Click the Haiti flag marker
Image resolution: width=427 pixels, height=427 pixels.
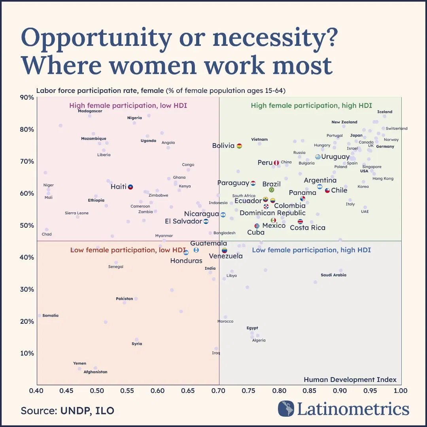tap(130, 187)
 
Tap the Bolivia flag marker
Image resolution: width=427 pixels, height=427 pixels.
tap(239, 146)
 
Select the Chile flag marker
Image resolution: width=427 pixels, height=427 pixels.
tap(327, 190)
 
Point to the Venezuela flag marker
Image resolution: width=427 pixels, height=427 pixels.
tap(225, 250)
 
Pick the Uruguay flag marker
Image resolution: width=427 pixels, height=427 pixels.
tap(317, 157)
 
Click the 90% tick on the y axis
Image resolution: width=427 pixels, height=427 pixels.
tap(27, 98)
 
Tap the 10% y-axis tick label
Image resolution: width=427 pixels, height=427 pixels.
tap(27, 353)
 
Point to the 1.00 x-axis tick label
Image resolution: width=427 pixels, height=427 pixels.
tap(401, 391)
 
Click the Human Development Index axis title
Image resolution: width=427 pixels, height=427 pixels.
tap(350, 380)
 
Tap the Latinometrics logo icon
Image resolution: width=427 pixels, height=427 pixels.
tap(286, 408)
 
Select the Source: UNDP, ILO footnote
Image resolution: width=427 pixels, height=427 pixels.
tap(68, 411)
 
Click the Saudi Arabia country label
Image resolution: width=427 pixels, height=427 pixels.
tap(333, 275)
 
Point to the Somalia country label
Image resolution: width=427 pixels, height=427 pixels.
tap(50, 316)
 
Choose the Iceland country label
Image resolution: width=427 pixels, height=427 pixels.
tap(385, 112)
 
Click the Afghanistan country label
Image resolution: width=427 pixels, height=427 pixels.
tap(95, 372)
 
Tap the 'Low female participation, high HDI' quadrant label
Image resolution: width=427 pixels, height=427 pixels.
tap(311, 250)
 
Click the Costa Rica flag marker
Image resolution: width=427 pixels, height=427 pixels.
tap(300, 222)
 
